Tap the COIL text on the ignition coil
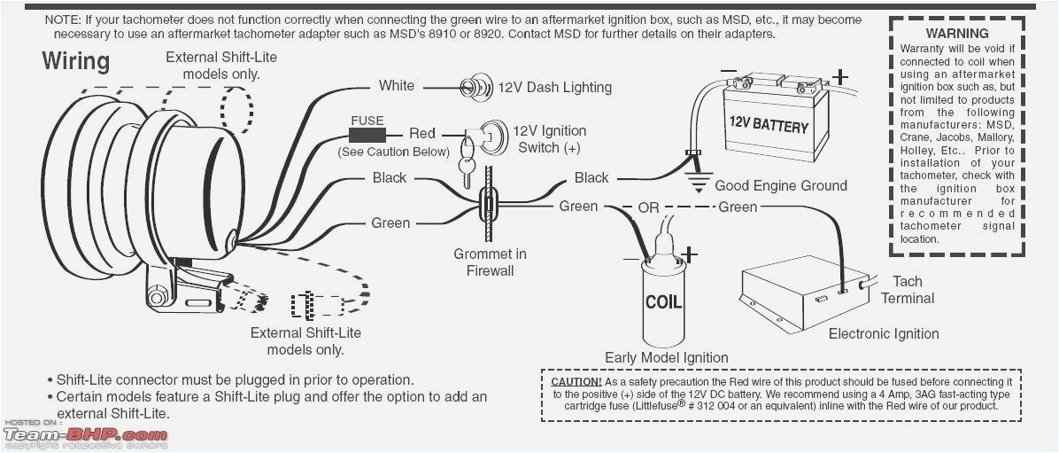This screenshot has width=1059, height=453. pyautogui.click(x=663, y=301)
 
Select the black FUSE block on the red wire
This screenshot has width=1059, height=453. pyautogui.click(x=366, y=135)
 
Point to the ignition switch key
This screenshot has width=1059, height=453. pyautogui.click(x=466, y=168)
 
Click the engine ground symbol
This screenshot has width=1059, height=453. pyautogui.click(x=698, y=183)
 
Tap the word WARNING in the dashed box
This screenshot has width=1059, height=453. pyautogui.click(x=957, y=33)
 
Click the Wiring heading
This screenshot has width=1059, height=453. pyautogui.click(x=76, y=61)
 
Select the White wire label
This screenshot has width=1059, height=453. pyautogui.click(x=396, y=86)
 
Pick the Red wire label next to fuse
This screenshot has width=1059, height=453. pyautogui.click(x=421, y=133)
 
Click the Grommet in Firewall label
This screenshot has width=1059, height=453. pyautogui.click(x=490, y=262)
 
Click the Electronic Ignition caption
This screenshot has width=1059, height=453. pyautogui.click(x=883, y=334)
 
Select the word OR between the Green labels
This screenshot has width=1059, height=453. pyautogui.click(x=649, y=207)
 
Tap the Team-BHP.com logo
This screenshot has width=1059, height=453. pyautogui.click(x=85, y=435)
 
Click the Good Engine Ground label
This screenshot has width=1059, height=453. pyautogui.click(x=780, y=185)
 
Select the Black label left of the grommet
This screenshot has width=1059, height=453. pyautogui.click(x=389, y=178)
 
